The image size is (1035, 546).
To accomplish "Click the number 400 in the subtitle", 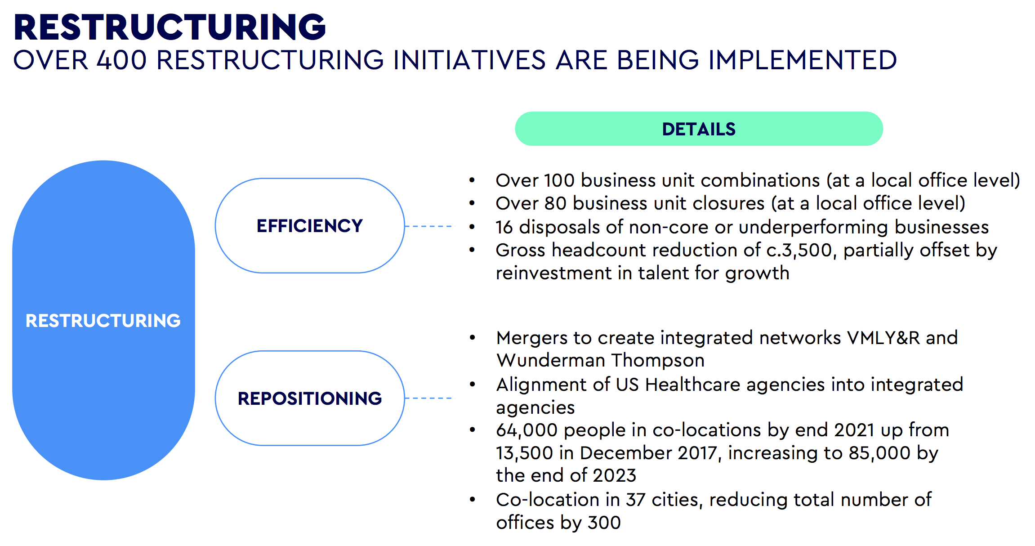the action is (122, 60).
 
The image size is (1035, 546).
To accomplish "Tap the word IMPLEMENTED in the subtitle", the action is (803, 60).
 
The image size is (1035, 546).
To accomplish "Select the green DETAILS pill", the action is (699, 129).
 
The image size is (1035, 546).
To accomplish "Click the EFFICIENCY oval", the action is (310, 226).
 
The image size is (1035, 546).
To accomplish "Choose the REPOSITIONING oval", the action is (310, 398).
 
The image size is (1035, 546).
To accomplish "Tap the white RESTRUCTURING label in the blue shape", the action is (103, 321).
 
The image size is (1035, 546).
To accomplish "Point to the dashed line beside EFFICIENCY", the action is (429, 226).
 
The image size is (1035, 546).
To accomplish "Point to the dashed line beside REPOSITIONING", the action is (429, 398).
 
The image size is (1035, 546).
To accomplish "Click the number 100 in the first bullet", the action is (559, 180).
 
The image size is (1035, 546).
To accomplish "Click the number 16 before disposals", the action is (504, 227).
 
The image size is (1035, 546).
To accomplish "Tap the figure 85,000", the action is (879, 453).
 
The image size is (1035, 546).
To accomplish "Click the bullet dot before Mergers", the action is (472, 337).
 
